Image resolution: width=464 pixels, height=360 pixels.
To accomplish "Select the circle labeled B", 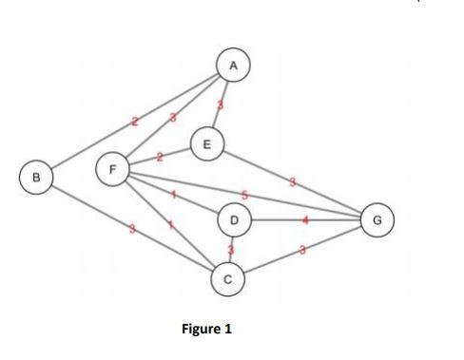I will pos(36,177).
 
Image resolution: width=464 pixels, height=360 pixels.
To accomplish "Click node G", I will pos(377,220).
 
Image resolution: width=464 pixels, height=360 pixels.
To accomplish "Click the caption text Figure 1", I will pos(204,330).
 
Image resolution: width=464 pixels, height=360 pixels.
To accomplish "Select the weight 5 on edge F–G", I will pos(245,195).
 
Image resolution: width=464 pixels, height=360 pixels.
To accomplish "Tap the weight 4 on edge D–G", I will pos(305,221).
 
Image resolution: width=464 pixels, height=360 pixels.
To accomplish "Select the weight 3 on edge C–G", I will pos(301,249).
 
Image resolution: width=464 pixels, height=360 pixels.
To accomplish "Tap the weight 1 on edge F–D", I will pos(173,196).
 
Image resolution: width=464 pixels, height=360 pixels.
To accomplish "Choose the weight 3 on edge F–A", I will pos(173,118).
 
